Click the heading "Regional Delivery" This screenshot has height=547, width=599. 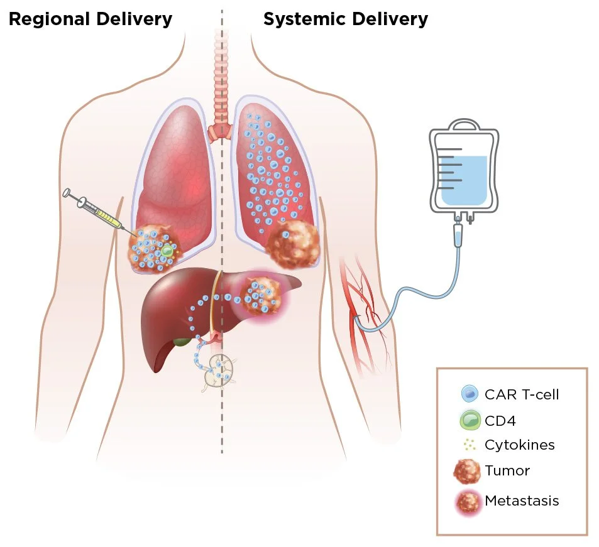[90, 19]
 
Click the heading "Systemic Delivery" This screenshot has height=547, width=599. [345, 19]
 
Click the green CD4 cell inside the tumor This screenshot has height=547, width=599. [167, 251]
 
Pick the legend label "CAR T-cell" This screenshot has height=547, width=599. [521, 394]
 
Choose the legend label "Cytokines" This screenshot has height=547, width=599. [519, 445]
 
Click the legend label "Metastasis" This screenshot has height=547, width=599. [522, 501]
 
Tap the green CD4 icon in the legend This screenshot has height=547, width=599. [469, 420]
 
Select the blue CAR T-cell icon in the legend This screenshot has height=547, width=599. [469, 394]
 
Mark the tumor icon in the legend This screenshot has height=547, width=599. [469, 471]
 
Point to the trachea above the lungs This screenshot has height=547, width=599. [221, 94]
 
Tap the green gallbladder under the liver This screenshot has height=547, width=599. [182, 342]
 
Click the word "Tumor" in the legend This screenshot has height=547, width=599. [507, 470]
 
